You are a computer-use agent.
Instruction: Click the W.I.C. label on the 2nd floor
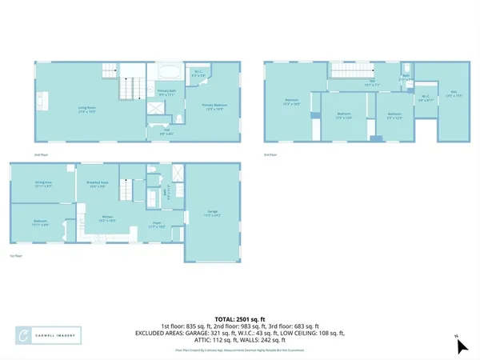tap(200, 74)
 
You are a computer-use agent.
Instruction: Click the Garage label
tap(213, 212)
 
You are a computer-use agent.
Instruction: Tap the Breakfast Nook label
tap(98, 184)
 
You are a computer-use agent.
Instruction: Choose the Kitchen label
tap(106, 217)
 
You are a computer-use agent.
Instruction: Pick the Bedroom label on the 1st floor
tap(41, 224)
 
